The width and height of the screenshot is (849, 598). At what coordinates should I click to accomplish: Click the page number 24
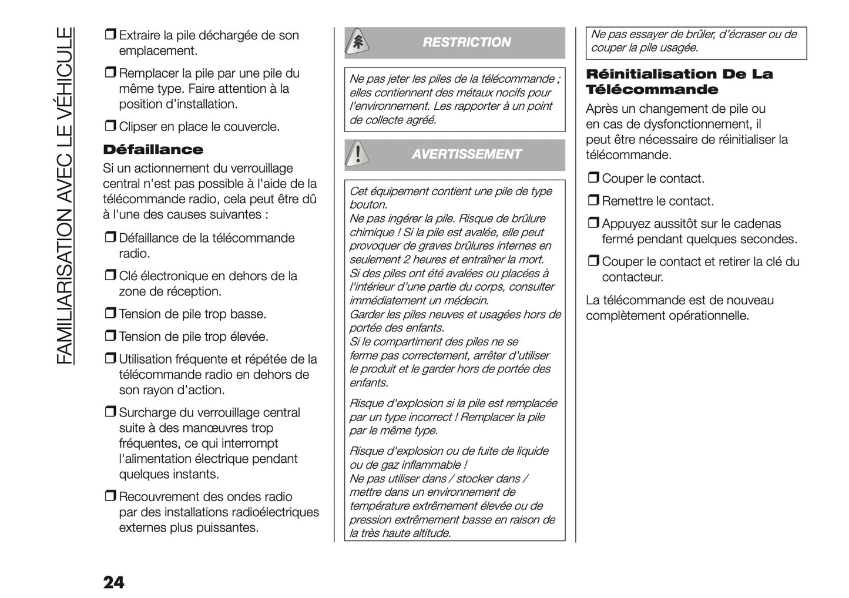113,582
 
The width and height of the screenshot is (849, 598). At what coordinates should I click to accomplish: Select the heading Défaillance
153,149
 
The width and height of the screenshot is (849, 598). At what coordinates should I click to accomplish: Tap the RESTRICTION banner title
467,42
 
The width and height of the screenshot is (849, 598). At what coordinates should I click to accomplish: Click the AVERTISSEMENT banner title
467,154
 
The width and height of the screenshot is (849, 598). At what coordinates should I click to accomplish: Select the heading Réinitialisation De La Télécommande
679,82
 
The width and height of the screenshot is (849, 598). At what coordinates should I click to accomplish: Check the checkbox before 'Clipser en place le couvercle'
110,126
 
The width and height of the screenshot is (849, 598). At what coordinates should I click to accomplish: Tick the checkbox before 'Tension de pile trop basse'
110,314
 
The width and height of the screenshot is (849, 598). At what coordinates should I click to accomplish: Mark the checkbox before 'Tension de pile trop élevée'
110,337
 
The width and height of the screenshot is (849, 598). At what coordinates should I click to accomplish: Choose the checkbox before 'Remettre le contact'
593,201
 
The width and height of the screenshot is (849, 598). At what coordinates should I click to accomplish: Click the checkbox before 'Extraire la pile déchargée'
110,35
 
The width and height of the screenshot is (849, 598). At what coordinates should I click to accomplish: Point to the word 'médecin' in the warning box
468,301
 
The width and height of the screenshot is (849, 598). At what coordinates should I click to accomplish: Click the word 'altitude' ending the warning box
431,533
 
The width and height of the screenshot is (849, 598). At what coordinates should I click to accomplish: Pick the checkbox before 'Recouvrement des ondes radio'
110,497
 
